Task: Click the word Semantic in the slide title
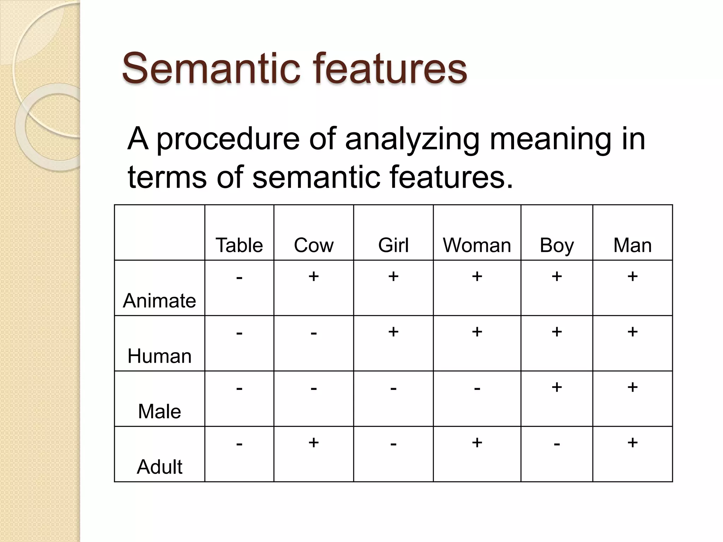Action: click(x=210, y=68)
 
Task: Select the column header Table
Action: click(x=239, y=245)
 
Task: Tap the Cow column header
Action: click(x=313, y=245)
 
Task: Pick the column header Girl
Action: click(x=393, y=245)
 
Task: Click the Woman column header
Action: click(x=477, y=245)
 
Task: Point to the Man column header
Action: click(x=632, y=245)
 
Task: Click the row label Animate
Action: click(x=159, y=301)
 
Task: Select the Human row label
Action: click(x=159, y=356)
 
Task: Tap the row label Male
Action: click(x=159, y=411)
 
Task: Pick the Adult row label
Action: click(x=159, y=467)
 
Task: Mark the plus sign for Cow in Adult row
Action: click(x=313, y=442)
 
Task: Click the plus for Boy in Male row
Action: click(x=557, y=387)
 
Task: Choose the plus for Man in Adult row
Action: click(x=632, y=442)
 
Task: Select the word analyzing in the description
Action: click(x=412, y=139)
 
